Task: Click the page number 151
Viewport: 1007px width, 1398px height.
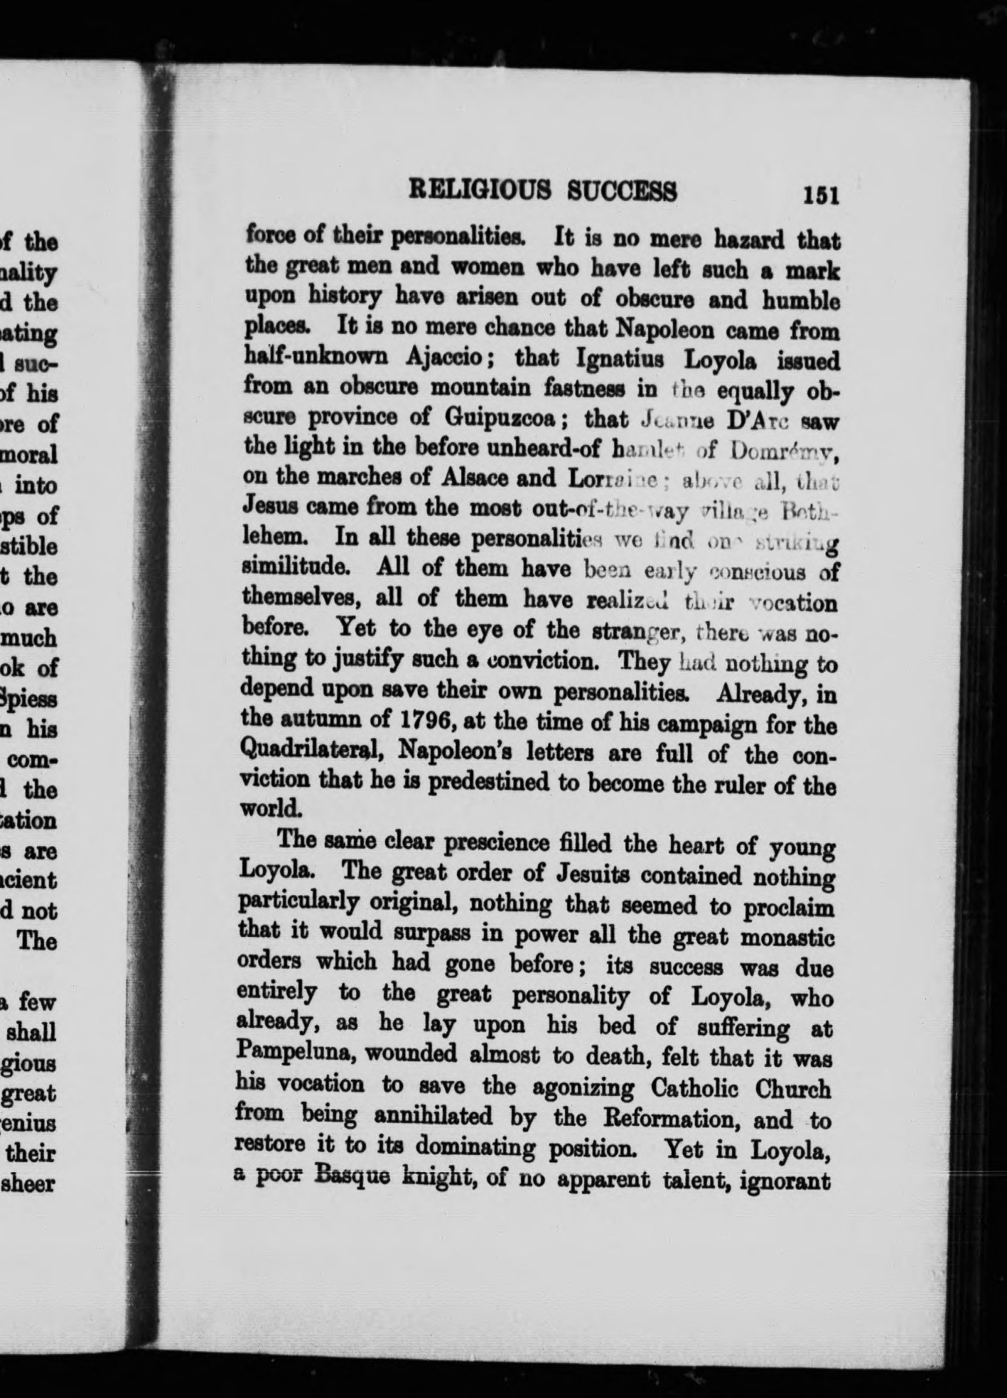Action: tap(821, 195)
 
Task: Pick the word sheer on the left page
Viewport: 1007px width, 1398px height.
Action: tap(31, 1183)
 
